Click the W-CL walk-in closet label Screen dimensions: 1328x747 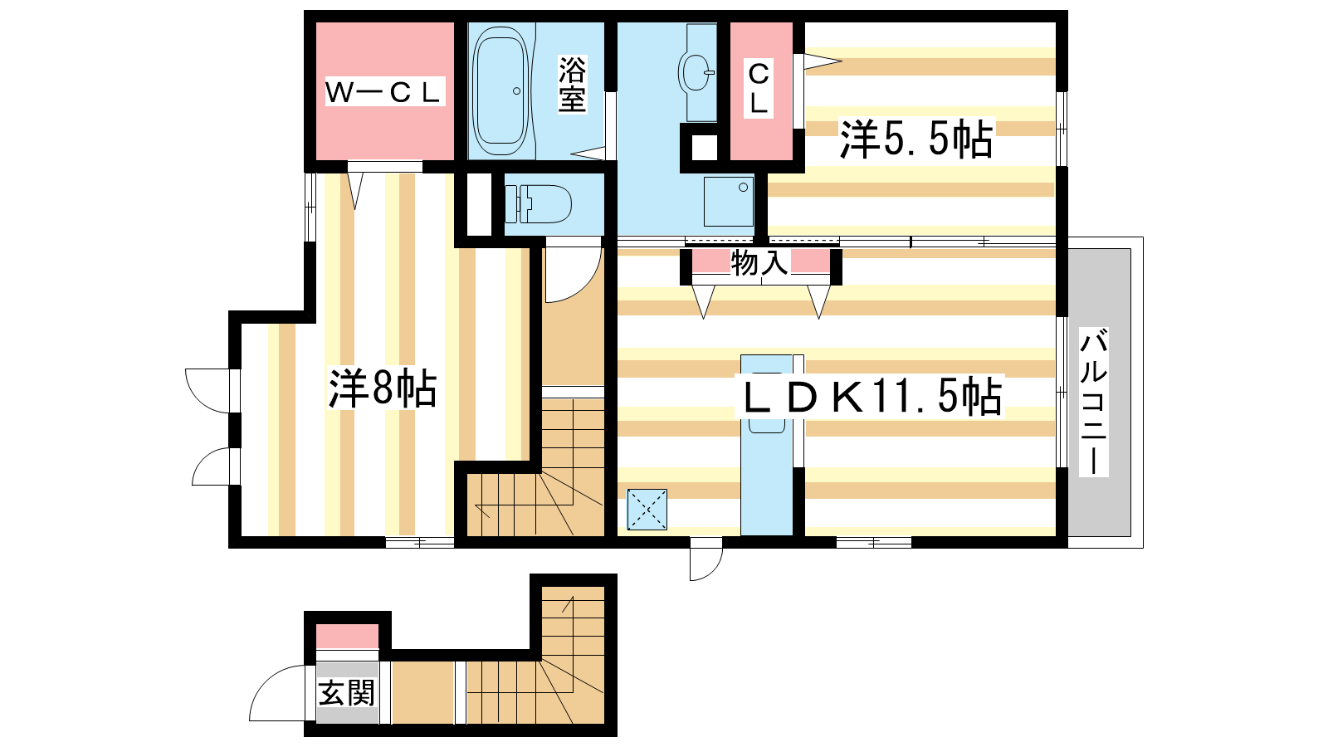click(383, 91)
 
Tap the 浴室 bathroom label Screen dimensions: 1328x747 click(572, 84)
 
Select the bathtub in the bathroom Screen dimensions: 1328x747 click(500, 90)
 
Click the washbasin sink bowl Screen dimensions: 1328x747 click(696, 72)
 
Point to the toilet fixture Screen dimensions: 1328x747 click(539, 204)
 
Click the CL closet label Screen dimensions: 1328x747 click(759, 88)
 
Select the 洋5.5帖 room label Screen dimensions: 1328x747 click(916, 139)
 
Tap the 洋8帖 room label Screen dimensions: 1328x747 click(383, 388)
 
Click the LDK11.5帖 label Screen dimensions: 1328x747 click(869, 395)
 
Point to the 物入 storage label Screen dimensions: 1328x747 click(760, 262)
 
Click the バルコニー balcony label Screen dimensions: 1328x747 click(1094, 403)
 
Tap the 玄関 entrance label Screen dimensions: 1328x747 click(347, 692)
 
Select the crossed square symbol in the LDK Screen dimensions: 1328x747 click(647, 510)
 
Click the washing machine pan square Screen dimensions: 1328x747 click(729, 202)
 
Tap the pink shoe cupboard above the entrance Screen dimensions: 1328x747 click(347, 636)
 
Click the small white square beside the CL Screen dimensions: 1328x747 click(705, 148)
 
